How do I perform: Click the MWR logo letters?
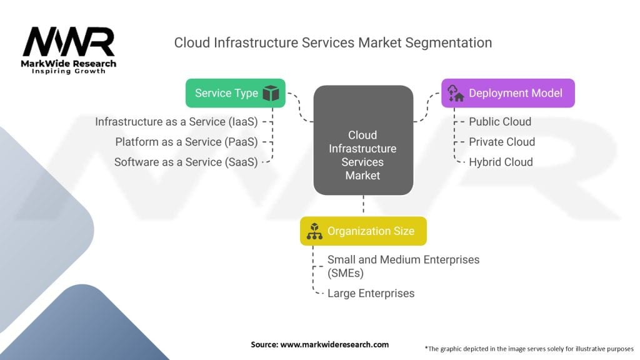[68, 42]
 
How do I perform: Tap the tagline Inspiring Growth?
[69, 71]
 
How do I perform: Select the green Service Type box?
[235, 93]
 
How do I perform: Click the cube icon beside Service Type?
[271, 94]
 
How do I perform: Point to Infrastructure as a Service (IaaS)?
[176, 122]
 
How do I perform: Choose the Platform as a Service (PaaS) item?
[186, 142]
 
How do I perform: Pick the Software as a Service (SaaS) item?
[186, 162]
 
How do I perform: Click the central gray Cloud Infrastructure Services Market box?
[362, 141]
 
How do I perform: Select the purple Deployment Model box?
[507, 93]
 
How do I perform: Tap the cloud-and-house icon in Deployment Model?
[455, 94]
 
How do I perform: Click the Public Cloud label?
[500, 122]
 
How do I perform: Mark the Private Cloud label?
[502, 142]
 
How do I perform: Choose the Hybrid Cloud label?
[501, 162]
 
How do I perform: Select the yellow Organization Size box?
[362, 231]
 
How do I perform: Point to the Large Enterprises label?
[371, 293]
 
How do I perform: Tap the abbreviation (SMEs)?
[346, 273]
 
